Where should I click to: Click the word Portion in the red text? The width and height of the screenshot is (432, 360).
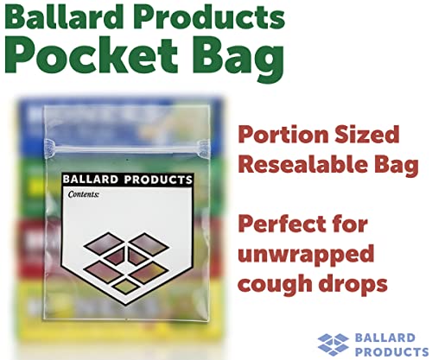tap(282, 136)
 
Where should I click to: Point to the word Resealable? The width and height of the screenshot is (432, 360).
tap(298, 165)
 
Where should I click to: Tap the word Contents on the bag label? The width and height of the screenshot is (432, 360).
tap(84, 195)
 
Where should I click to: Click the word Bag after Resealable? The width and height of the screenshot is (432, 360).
tap(376, 165)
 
